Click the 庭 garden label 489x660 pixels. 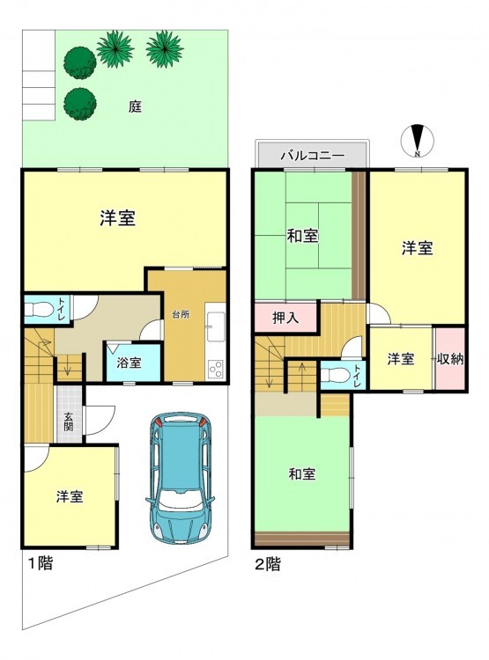[135, 106]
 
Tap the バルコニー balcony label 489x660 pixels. [313, 155]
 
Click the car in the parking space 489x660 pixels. [180, 478]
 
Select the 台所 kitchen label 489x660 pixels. [181, 314]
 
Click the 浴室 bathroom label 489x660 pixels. [129, 363]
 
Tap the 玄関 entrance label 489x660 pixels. [69, 422]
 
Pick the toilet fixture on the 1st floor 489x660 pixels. [39, 311]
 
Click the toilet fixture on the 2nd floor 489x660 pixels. [335, 374]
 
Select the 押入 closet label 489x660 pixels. [285, 318]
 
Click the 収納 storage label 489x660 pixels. [450, 359]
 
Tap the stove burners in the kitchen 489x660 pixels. [216, 369]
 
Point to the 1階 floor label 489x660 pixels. [41, 563]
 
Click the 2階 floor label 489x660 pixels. [268, 564]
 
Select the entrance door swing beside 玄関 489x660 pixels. [100, 419]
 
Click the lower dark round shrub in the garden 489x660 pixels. [80, 104]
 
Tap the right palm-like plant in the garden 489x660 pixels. [165, 48]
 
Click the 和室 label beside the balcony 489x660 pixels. [302, 236]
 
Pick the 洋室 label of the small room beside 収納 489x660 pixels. [401, 359]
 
